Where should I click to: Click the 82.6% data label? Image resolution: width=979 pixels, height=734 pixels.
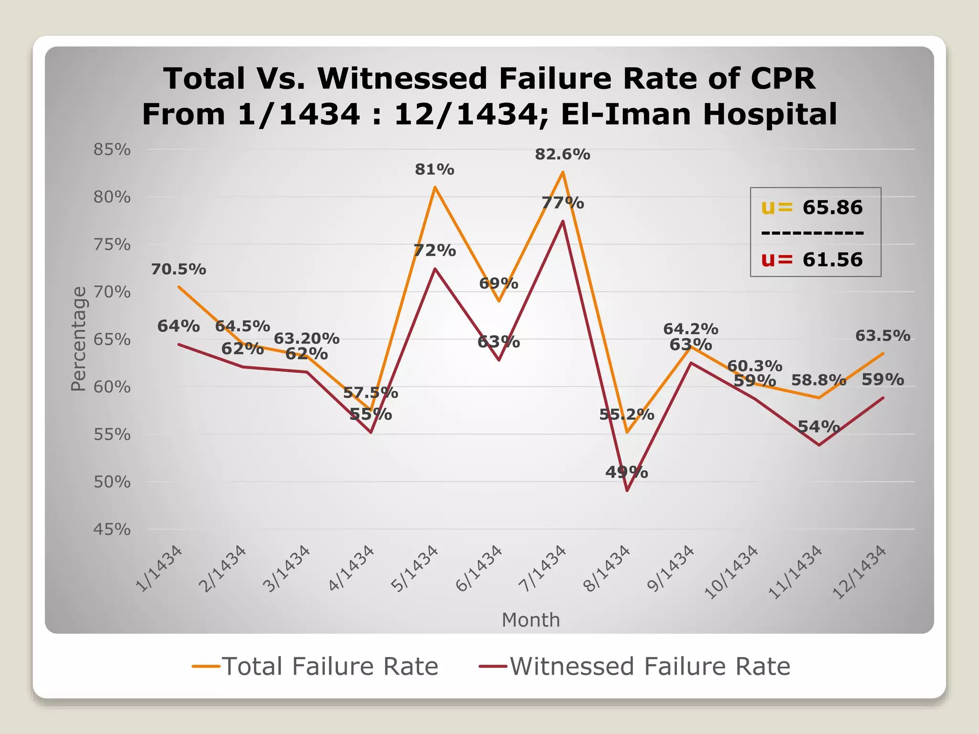(x=562, y=154)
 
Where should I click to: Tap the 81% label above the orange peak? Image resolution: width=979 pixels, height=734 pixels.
(x=434, y=170)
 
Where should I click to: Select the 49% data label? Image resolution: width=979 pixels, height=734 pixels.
(x=626, y=473)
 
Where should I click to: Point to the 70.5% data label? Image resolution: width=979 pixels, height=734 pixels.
(x=178, y=270)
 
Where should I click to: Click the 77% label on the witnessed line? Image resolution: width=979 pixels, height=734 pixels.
(x=563, y=203)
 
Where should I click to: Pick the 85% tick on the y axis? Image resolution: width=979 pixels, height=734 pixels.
(x=112, y=150)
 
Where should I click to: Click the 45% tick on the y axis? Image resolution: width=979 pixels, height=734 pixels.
(x=112, y=529)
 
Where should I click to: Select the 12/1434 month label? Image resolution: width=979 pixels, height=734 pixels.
(x=859, y=572)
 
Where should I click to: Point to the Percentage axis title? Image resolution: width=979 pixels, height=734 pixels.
(x=78, y=339)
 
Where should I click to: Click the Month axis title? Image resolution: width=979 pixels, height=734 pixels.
(x=531, y=620)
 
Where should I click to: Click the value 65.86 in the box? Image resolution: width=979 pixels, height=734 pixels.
(x=832, y=207)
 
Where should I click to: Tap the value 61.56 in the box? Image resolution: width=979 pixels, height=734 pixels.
(x=832, y=259)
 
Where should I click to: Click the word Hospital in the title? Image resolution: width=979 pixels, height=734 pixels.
(x=770, y=114)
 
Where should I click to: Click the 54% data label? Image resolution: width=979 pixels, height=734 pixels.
(x=818, y=427)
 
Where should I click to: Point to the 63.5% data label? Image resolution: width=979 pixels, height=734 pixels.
(x=882, y=336)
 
